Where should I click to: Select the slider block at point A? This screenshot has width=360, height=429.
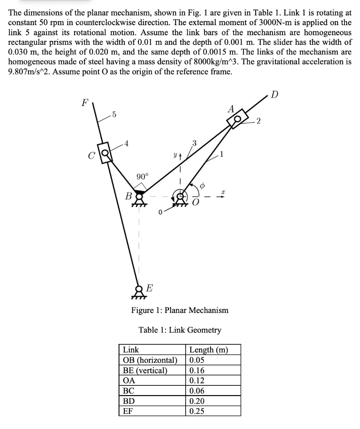[236, 119]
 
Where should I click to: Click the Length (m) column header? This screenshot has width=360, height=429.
[208, 349]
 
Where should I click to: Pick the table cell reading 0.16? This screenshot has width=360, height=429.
[197, 370]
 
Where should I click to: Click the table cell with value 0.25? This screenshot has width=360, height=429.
[197, 411]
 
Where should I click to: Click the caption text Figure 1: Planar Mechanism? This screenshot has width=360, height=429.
[180, 310]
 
